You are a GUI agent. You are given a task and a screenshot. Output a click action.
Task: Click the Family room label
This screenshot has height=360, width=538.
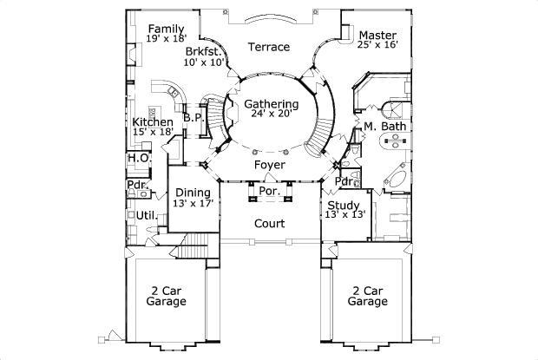point(167,29)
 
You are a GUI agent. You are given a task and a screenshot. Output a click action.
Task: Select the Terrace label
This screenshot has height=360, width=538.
point(268,47)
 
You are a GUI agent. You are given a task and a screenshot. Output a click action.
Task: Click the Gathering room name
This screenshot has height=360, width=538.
point(271,104)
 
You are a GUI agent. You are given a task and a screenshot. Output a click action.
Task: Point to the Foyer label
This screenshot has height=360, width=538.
point(269,165)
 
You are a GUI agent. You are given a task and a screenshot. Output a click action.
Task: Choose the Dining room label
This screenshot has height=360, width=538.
point(192,193)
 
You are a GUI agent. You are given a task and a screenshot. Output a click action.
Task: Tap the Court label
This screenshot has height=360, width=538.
point(269,224)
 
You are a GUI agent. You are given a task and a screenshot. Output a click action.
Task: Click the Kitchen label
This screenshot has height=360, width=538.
point(152,122)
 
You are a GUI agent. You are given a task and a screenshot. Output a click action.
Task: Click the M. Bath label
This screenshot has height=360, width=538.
point(382,127)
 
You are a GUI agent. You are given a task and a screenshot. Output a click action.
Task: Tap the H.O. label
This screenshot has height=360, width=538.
point(138,159)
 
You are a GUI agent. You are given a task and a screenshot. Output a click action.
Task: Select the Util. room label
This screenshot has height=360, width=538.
point(145,214)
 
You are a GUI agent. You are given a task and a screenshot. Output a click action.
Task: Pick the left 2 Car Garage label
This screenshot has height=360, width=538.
point(165,297)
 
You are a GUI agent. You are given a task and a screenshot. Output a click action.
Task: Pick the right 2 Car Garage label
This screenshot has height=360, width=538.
point(368,297)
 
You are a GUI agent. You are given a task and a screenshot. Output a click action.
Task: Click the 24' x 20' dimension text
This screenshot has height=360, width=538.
point(271,114)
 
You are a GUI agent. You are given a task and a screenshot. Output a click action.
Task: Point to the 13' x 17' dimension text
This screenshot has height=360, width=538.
point(192,203)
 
